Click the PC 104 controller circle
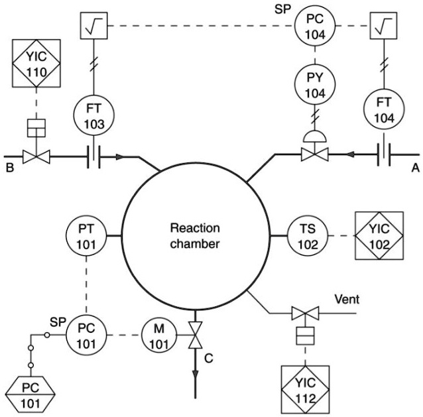(x=314, y=27)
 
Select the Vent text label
(x=347, y=299)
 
